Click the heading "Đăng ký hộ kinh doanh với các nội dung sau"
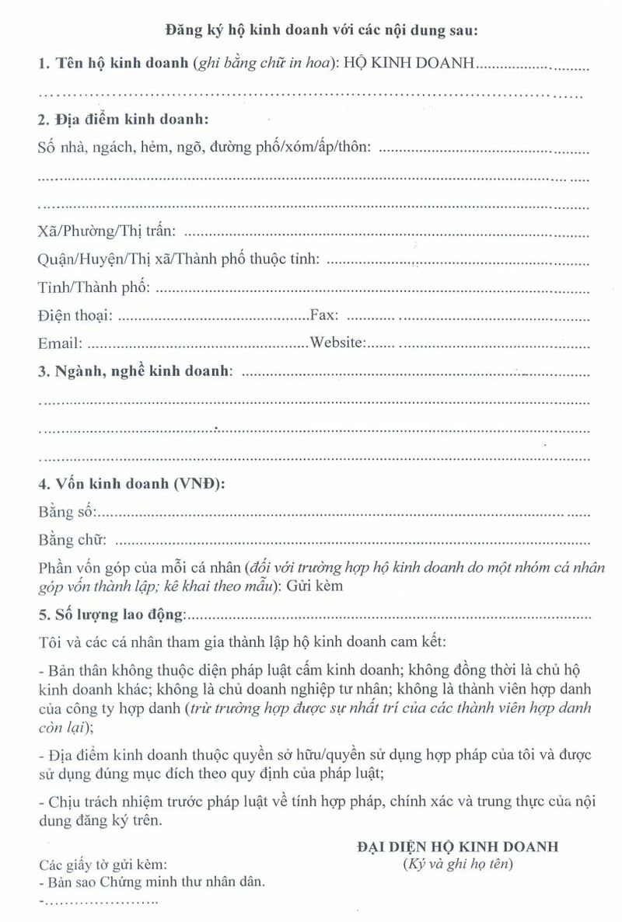pos(321,32)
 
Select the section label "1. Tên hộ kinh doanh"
pos(108,64)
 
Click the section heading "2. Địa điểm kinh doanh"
pos(124,120)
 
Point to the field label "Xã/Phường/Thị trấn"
pos(107,231)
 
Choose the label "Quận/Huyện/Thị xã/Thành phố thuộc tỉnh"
pos(179,259)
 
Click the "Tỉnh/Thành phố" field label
pos(93,287)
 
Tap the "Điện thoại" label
pos(75,315)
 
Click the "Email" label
pos(59,343)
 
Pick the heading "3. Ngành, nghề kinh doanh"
pos(135,371)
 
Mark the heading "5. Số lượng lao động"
pos(111,616)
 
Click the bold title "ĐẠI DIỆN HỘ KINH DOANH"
pos(457,847)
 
